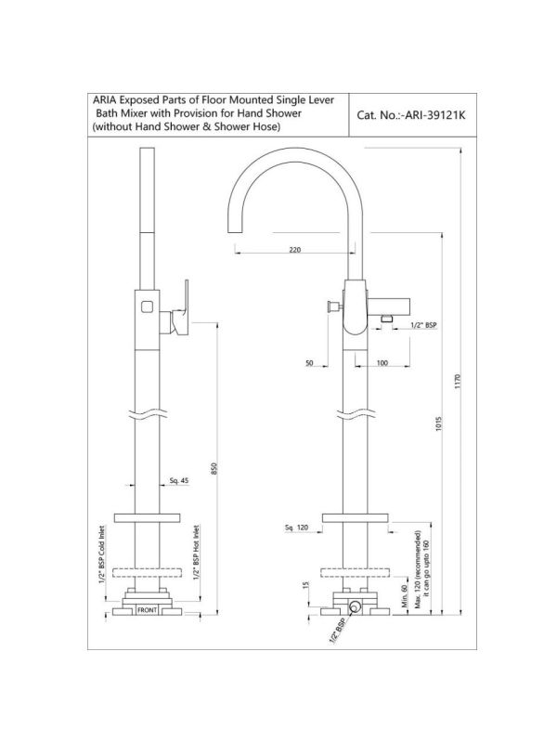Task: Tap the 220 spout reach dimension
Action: coord(294,250)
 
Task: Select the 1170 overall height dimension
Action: coord(457,382)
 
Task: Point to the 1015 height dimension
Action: coord(438,424)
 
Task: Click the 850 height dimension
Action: coord(214,469)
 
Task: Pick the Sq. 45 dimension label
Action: coord(179,480)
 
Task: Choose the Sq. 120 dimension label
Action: coord(296,528)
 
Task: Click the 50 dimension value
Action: coord(309,363)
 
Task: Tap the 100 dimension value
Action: coord(382,363)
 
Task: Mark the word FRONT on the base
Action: coord(147,610)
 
